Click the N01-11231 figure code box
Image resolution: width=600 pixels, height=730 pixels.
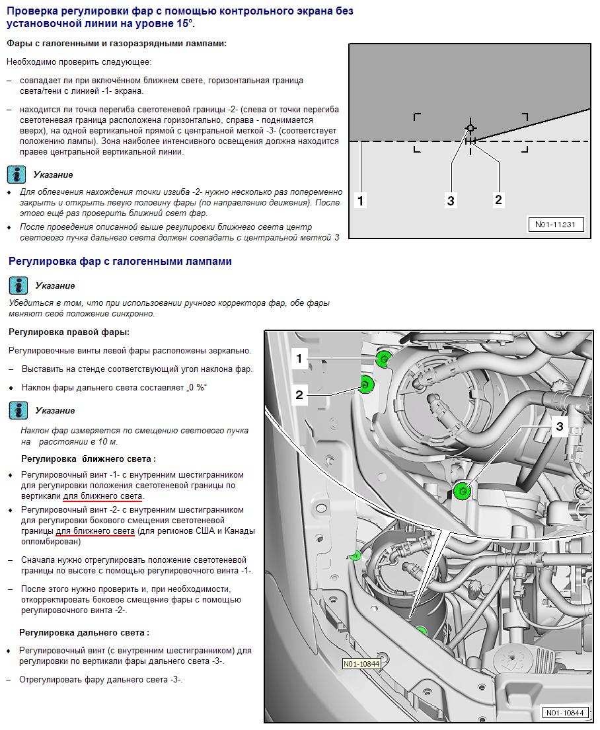click(555, 225)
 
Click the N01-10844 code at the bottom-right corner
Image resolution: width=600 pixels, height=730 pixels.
click(564, 713)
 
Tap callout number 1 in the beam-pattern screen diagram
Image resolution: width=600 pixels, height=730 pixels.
click(360, 201)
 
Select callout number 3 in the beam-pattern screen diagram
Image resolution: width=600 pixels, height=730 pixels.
click(451, 201)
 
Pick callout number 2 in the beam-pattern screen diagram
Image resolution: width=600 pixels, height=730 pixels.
click(498, 200)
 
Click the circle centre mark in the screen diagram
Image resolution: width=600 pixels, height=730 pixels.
click(470, 128)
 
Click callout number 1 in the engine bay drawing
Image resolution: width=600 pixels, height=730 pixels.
click(299, 359)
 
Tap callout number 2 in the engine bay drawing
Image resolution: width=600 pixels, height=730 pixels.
click(299, 395)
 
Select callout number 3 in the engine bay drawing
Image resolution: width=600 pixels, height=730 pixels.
click(560, 427)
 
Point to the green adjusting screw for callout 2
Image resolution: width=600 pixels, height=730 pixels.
click(365, 384)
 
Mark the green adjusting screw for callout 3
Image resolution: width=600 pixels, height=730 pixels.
click(463, 491)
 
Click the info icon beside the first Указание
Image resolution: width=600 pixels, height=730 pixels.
click(17, 174)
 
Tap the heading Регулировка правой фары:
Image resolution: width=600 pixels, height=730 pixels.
click(69, 332)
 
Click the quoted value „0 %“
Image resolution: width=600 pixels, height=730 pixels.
click(196, 387)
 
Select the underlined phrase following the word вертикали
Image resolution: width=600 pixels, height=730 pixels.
click(103, 496)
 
